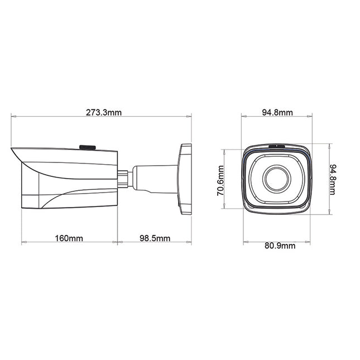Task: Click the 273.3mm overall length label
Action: click(x=103, y=113)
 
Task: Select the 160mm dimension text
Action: click(x=69, y=238)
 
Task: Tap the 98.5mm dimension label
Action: click(x=154, y=238)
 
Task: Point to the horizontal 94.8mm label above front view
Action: click(x=277, y=113)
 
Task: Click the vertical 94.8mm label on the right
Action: click(x=333, y=179)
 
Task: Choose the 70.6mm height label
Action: click(x=221, y=180)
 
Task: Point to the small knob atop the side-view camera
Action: click(x=87, y=147)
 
